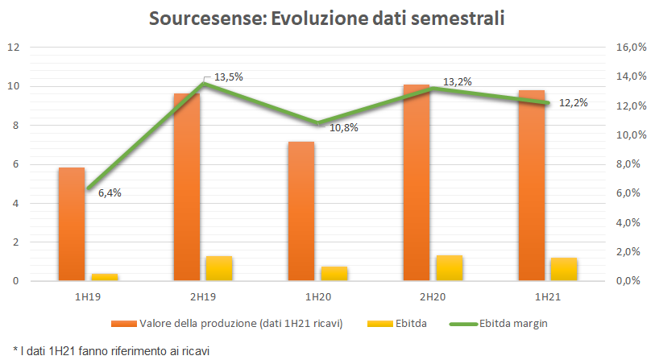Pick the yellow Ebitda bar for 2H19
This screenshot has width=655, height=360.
[218, 268]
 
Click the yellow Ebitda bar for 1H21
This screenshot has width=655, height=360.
[563, 269]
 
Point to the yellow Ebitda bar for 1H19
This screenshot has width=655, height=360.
[104, 276]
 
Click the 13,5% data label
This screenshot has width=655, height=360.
[228, 77]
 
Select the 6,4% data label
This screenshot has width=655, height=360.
[110, 193]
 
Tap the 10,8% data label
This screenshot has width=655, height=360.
[343, 127]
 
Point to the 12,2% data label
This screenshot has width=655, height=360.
[574, 102]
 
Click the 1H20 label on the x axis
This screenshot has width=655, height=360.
[317, 296]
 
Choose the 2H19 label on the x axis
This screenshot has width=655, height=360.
[202, 296]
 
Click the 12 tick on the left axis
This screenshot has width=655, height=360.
[13, 48]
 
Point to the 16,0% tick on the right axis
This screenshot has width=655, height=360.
[631, 48]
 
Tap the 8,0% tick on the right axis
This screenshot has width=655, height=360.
[631, 164]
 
